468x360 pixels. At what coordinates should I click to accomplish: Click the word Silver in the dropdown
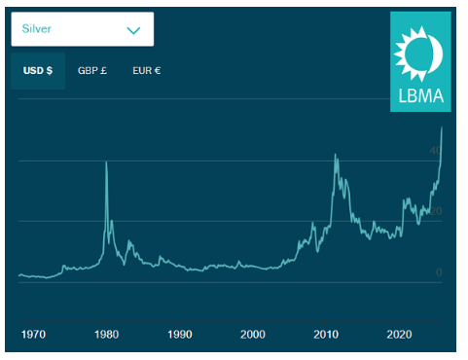point(38,29)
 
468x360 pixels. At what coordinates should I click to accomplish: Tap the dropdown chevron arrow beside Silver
point(133,30)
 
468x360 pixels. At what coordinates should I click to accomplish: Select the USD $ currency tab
point(37,71)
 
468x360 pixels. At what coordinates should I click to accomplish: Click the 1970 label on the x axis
point(33,335)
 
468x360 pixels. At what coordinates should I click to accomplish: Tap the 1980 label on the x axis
point(106,335)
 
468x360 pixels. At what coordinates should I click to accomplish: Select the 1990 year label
point(180,335)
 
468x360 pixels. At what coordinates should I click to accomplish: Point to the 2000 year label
point(253,335)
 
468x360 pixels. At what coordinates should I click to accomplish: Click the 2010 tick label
point(325,335)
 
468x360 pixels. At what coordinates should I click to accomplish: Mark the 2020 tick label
point(398,335)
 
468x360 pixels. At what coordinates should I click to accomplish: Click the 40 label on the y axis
point(437,150)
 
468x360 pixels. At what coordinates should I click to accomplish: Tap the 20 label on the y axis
point(437,211)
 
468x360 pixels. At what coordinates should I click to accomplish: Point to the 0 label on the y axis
point(439,271)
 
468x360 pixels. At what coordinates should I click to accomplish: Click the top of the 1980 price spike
point(106,162)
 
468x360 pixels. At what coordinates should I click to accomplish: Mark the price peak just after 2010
point(335,155)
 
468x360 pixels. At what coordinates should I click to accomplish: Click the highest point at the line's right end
point(443,128)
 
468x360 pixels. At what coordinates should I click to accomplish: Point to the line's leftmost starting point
point(18,275)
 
